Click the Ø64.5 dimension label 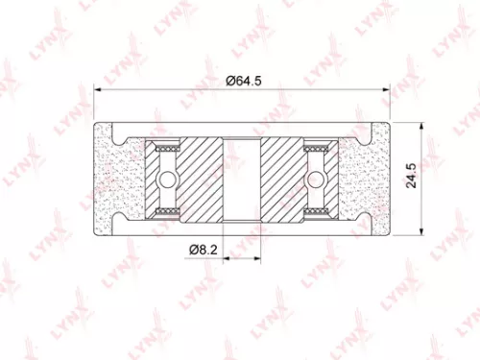pyautogui.click(x=245, y=81)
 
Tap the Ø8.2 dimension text pyautogui.click(x=202, y=250)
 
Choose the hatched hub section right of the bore pyautogui.click(x=285, y=179)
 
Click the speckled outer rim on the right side pyautogui.click(x=368, y=179)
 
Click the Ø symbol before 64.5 pyautogui.click(x=231, y=81)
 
